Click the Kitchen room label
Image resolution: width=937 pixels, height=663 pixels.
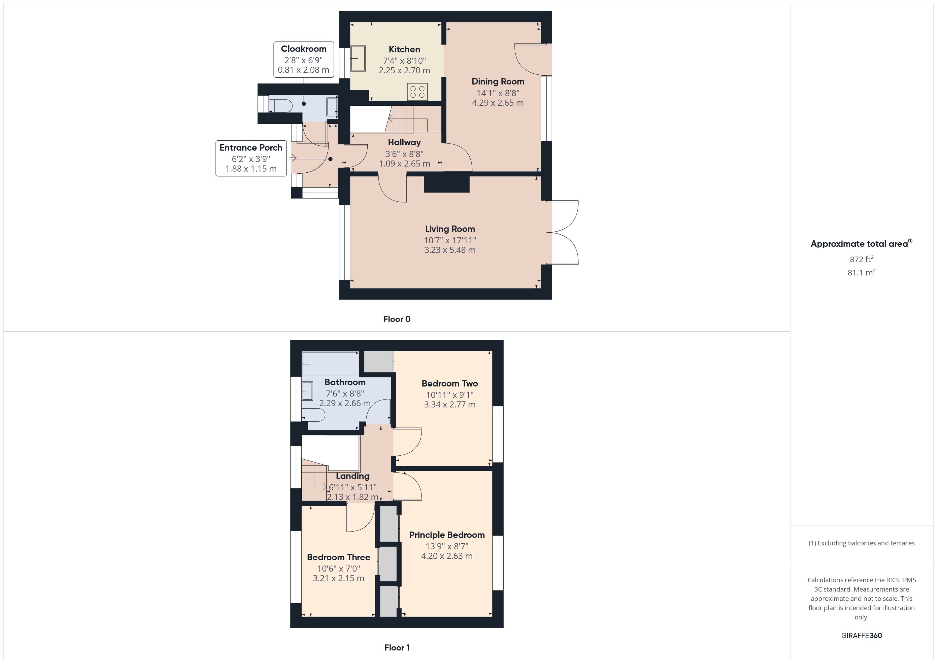tap(404, 50)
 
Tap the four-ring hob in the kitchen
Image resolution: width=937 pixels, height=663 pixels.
tap(417, 92)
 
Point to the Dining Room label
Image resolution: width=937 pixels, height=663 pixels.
tap(498, 82)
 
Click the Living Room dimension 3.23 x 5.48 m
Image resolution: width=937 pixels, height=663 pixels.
tap(449, 250)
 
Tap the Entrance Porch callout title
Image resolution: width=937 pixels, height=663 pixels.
tap(251, 148)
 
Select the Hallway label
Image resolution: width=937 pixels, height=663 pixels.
tap(404, 142)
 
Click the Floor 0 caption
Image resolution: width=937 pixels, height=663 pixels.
tap(397, 319)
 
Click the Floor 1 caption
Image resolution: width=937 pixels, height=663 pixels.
tap(397, 647)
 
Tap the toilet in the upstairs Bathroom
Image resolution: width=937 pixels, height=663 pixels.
tap(313, 415)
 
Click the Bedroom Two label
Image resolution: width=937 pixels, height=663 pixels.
tap(449, 384)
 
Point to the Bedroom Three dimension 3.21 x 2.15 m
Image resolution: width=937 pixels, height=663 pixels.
tap(338, 578)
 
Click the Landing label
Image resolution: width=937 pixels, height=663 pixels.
tap(352, 476)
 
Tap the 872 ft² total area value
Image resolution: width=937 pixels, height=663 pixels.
tap(862, 259)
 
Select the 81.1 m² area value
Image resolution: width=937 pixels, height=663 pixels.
tap(862, 272)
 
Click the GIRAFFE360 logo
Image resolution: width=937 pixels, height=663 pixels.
tap(862, 636)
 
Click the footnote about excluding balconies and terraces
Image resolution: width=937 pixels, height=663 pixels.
tap(862, 543)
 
